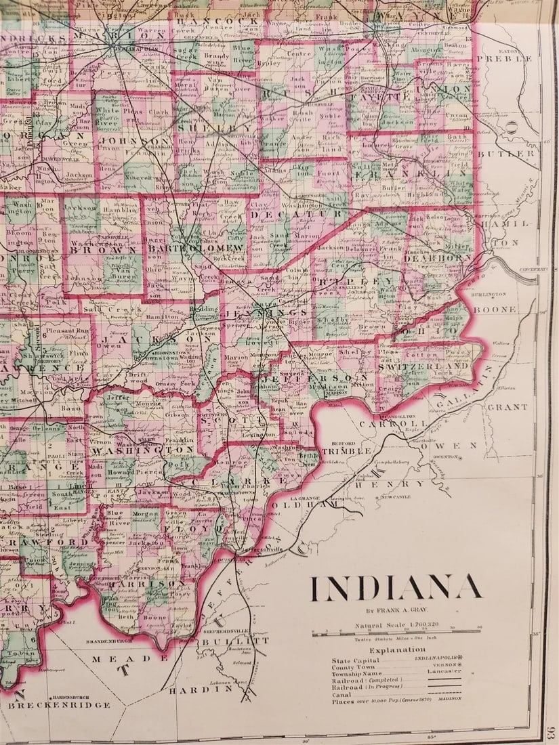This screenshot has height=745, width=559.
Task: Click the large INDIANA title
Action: (396, 588)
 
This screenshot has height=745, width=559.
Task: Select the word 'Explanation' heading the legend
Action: (398, 649)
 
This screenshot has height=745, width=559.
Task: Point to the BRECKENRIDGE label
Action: (58, 705)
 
